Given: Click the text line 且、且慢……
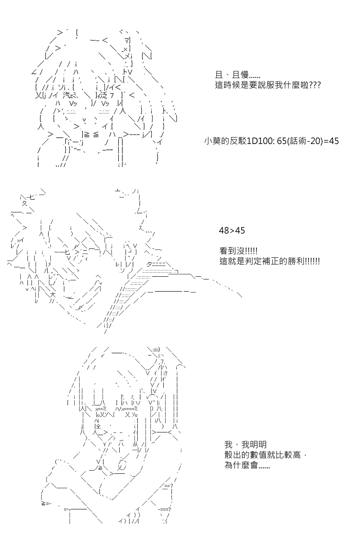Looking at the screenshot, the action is tap(238, 75).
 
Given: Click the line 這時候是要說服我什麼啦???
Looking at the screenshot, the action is tap(268, 85).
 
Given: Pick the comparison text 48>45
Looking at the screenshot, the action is tap(232, 230).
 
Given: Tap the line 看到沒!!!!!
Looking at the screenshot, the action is tap(238, 251).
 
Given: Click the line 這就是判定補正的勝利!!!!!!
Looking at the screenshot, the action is tap(270, 261).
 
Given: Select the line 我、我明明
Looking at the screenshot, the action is tap(245, 444).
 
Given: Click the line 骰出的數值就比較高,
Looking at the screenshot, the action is tap(265, 454).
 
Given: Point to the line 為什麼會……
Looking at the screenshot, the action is tap(247, 465).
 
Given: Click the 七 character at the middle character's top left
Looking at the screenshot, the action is tap(32, 198).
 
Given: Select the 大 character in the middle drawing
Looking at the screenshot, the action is tap(53, 295).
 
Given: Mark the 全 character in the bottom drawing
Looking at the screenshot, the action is tap(99, 427).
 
